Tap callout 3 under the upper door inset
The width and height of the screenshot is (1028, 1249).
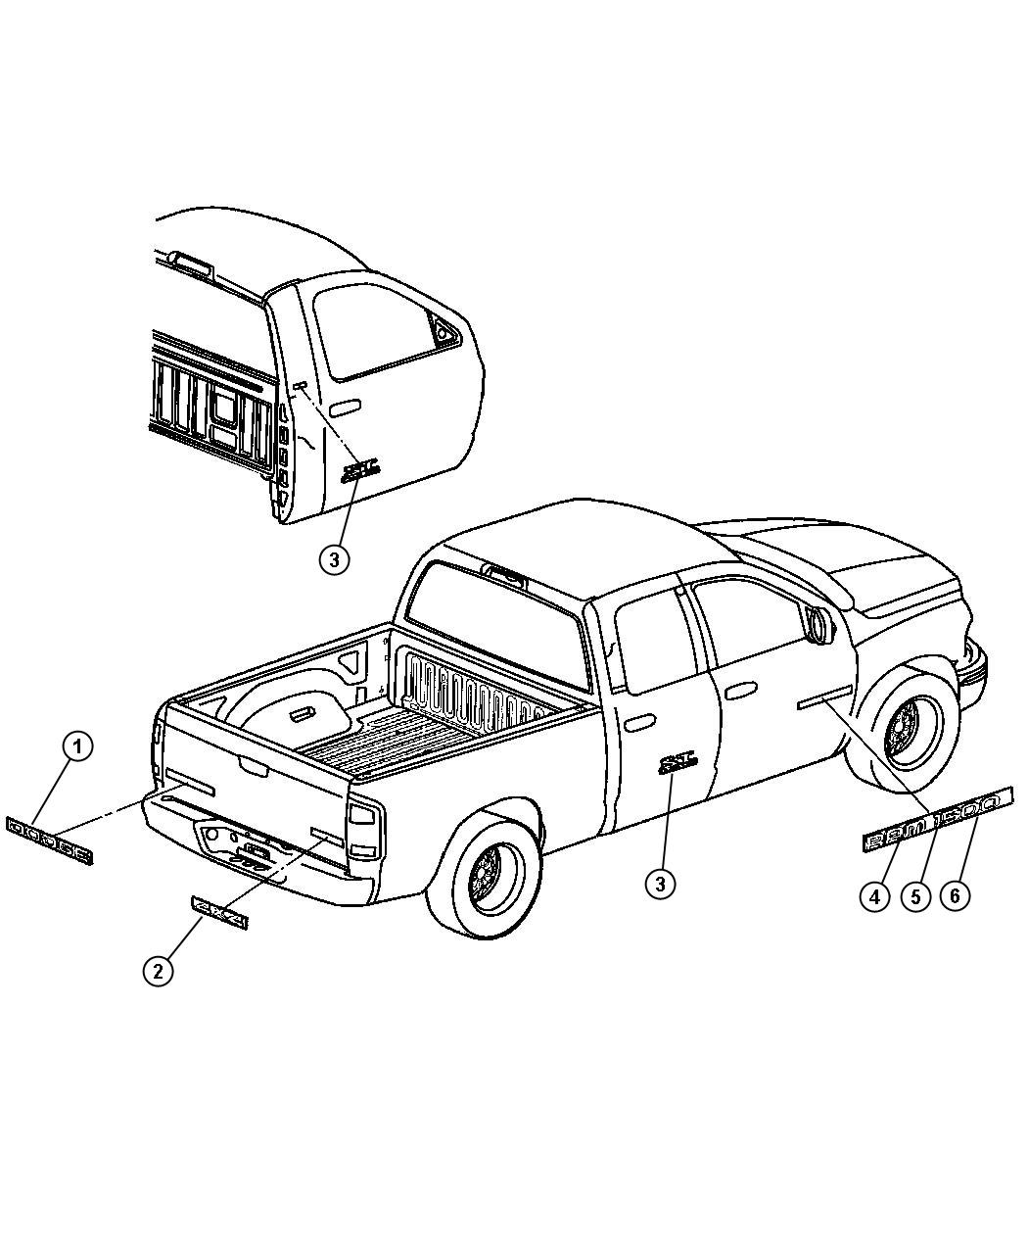pyautogui.click(x=334, y=559)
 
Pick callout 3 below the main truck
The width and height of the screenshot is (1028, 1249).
pyautogui.click(x=660, y=884)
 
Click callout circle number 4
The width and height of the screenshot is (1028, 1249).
pyautogui.click(x=874, y=895)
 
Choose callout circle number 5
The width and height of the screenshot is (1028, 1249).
pyautogui.click(x=915, y=895)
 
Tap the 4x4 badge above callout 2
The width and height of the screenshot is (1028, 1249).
pyautogui.click(x=219, y=911)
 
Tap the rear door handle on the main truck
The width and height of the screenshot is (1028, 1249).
pyautogui.click(x=639, y=723)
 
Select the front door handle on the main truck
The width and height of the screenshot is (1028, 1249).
pyautogui.click(x=741, y=691)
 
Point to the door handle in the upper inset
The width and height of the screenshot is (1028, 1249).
pyautogui.click(x=345, y=406)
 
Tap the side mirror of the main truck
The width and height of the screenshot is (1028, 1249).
pyautogui.click(x=819, y=624)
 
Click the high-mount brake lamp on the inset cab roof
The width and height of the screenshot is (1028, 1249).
pyautogui.click(x=190, y=260)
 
